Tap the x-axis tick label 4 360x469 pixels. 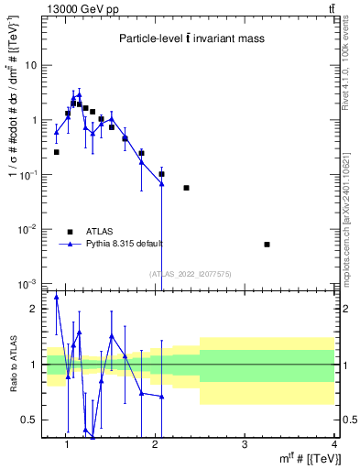coord(333,445)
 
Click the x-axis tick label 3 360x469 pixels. coord(244,445)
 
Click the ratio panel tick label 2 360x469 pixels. coord(34,309)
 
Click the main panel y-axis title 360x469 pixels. coord(12,137)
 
